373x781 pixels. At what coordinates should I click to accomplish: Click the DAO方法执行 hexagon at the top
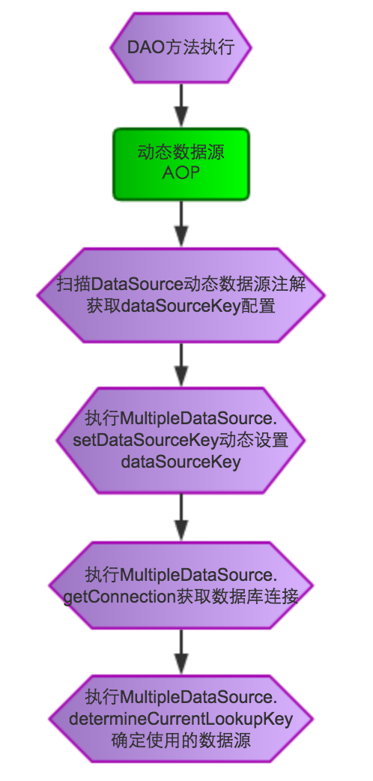click(x=181, y=49)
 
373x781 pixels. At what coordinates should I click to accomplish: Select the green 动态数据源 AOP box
click(x=181, y=163)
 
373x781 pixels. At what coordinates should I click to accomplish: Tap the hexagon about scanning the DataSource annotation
click(x=181, y=295)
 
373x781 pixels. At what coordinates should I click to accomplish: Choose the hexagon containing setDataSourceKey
click(x=181, y=441)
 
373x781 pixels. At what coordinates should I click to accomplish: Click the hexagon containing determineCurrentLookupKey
click(x=181, y=720)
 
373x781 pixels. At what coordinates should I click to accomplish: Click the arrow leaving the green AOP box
click(x=181, y=223)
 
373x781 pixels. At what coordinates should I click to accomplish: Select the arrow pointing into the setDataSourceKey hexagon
click(x=181, y=365)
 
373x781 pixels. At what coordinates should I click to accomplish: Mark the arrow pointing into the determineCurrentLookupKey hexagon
click(x=181, y=652)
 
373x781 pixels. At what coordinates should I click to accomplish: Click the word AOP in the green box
click(x=181, y=173)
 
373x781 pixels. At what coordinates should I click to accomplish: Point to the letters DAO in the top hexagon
click(x=142, y=49)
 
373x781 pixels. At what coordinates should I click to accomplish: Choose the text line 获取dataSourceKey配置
click(x=181, y=306)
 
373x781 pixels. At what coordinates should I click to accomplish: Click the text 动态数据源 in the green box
click(x=181, y=152)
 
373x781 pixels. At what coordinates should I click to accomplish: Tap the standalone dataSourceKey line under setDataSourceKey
click(x=181, y=461)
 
